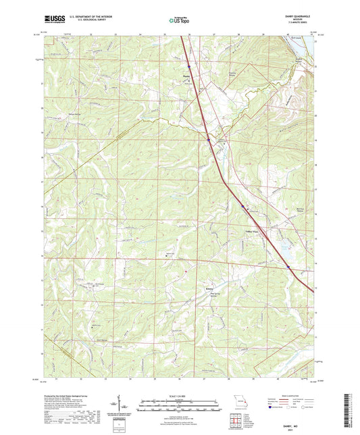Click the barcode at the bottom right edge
[352, 409]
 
